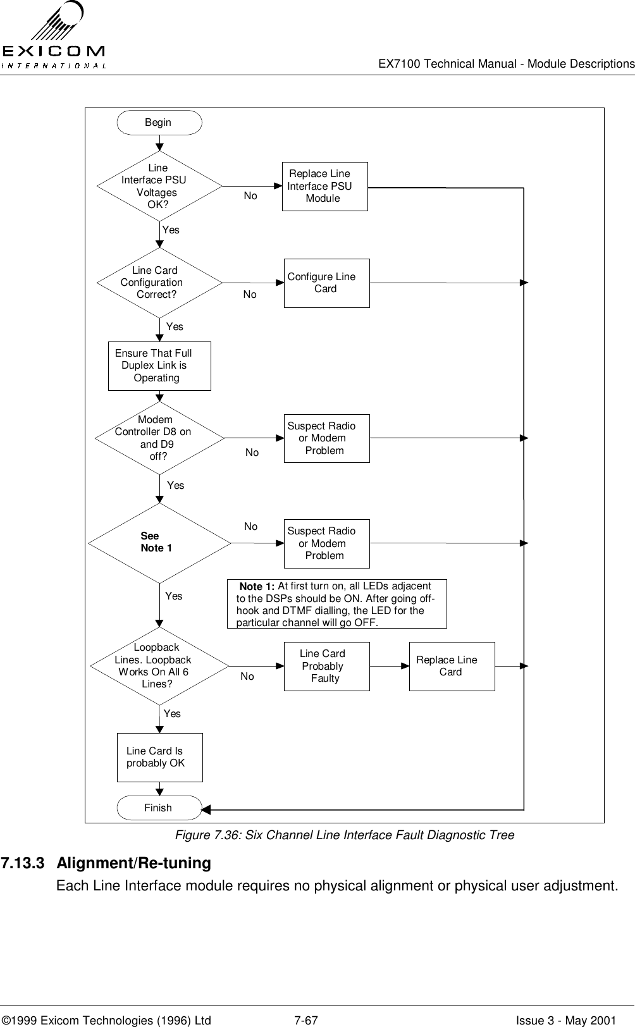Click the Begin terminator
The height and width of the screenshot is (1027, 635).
159,123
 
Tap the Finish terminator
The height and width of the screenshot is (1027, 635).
159,808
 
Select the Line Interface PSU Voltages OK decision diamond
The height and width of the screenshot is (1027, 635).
159,187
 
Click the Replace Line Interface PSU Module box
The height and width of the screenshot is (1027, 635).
324,187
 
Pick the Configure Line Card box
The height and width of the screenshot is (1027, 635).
326,283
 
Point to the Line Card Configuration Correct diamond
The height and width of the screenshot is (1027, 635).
159,283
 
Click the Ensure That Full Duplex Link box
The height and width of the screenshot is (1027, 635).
159,366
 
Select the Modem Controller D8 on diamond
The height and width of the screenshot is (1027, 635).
159,438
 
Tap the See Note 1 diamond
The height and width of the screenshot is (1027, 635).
159,543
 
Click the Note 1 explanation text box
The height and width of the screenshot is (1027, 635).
336,604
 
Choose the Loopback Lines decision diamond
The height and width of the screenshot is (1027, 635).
159,666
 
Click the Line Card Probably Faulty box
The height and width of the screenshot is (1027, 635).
326,666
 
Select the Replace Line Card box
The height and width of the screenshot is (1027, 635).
452,666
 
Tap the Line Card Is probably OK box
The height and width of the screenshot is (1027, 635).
160,758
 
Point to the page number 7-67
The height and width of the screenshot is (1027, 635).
306,1002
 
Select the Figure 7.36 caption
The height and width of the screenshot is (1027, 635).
344,835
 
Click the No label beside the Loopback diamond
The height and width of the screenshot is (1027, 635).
247,677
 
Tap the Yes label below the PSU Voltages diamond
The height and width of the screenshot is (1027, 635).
171,230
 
